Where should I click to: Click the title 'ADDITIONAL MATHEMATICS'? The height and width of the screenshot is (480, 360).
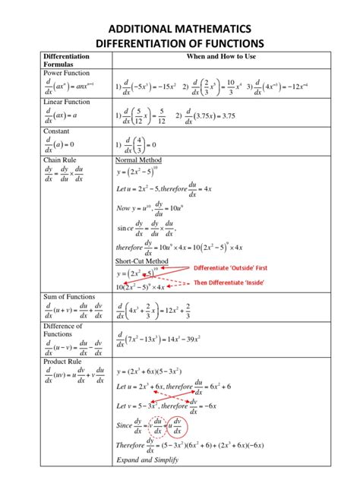(179, 27)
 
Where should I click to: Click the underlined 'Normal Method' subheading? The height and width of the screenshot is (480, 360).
(138, 161)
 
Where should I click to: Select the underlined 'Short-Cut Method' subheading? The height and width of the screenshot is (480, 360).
(142, 261)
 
